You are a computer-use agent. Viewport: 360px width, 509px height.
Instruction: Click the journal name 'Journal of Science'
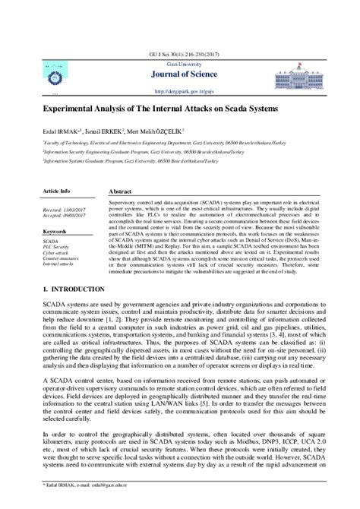(180, 73)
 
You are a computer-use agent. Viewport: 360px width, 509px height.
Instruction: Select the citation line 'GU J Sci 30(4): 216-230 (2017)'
(180, 53)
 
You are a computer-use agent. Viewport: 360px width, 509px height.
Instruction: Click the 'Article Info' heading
(57, 191)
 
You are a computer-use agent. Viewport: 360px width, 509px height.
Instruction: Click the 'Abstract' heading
(122, 193)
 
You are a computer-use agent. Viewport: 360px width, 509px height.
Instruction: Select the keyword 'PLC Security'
(56, 248)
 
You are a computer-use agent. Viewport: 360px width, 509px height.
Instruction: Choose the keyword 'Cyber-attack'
(56, 253)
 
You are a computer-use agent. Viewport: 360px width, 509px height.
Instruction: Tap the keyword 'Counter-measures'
(60, 258)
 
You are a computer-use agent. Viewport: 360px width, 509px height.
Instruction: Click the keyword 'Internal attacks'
(58, 264)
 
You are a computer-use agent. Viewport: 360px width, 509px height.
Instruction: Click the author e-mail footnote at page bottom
(84, 503)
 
